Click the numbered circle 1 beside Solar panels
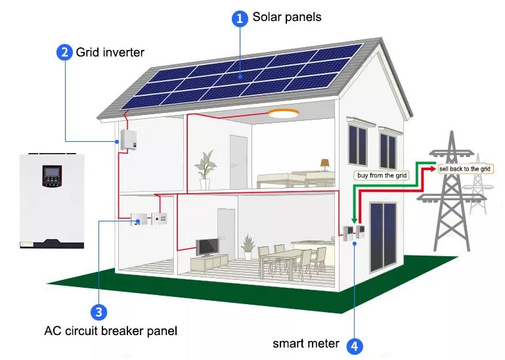pyautogui.click(x=240, y=18)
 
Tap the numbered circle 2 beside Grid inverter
pyautogui.click(x=64, y=52)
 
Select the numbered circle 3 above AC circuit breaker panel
pyautogui.click(x=99, y=311)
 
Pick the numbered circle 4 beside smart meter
pyautogui.click(x=355, y=346)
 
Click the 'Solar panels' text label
pyautogui.click(x=286, y=17)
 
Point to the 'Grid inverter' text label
pyautogui.click(x=110, y=52)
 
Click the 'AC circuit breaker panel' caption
pyautogui.click(x=111, y=331)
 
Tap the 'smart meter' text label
pyautogui.click(x=305, y=343)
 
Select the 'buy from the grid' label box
pyautogui.click(x=382, y=175)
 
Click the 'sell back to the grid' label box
pyautogui.click(x=465, y=169)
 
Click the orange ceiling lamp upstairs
pyautogui.click(x=284, y=114)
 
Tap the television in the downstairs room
pyautogui.click(x=207, y=247)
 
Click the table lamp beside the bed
pyautogui.click(x=325, y=165)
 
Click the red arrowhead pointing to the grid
pyautogui.click(x=431, y=169)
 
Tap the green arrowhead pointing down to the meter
pyautogui.click(x=354, y=221)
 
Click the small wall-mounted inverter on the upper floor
pyautogui.click(x=127, y=139)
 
